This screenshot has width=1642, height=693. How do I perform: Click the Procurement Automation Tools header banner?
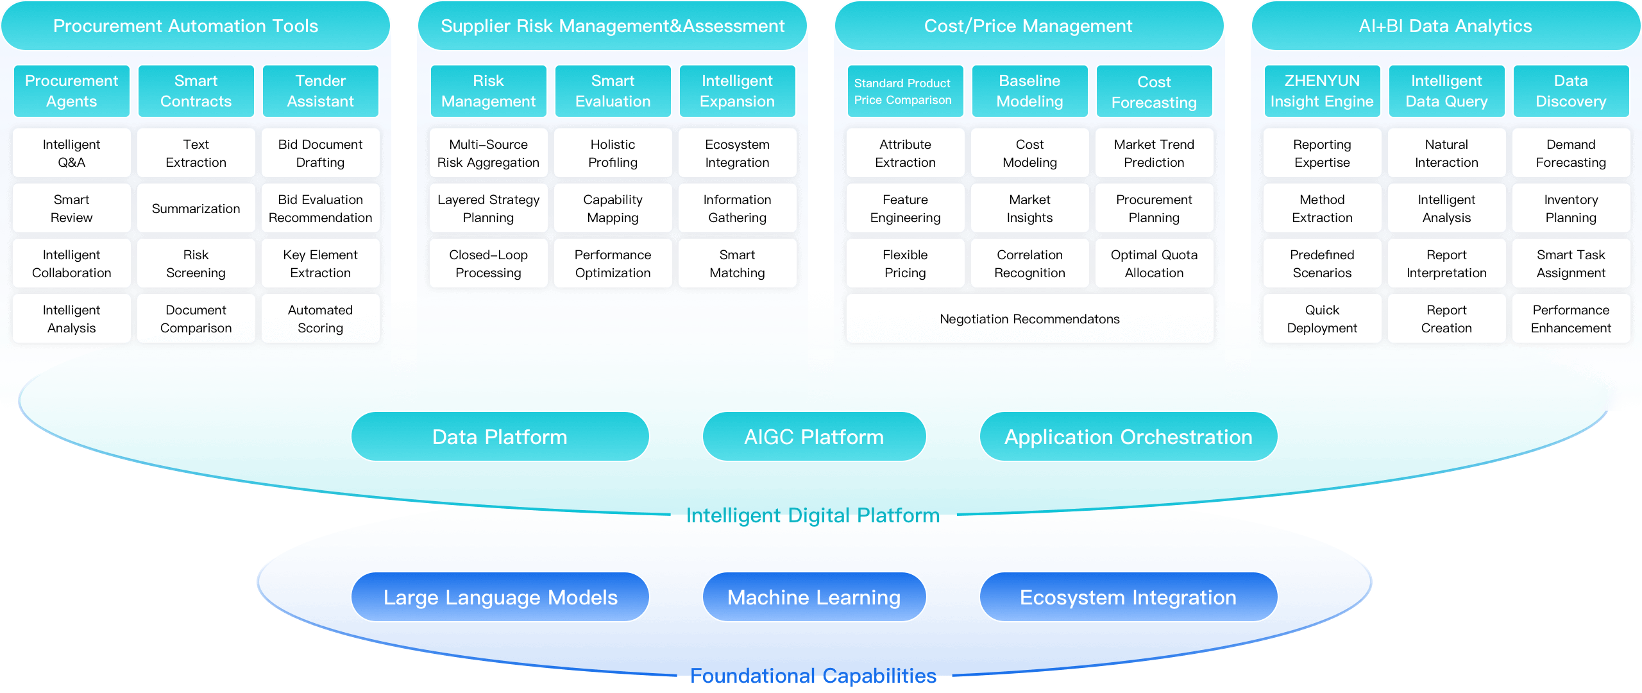[186, 26]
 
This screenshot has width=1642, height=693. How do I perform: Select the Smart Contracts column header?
[196, 91]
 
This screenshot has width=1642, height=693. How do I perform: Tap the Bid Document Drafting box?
[320, 153]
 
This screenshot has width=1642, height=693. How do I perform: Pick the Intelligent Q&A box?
[72, 153]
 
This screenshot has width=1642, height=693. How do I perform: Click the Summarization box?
[196, 209]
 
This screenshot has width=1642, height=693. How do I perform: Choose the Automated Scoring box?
[320, 319]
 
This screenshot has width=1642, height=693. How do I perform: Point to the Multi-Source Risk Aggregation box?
[488, 153]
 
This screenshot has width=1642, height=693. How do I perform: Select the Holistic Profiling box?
[613, 153]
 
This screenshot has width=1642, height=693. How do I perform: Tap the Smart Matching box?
[737, 264]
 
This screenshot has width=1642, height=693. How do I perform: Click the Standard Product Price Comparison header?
[905, 91]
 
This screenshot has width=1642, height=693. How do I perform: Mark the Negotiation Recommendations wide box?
[1029, 319]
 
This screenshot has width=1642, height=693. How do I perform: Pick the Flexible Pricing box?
[905, 264]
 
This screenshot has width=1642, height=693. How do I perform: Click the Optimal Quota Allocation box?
[1154, 264]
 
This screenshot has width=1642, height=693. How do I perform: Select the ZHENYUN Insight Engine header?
[1322, 91]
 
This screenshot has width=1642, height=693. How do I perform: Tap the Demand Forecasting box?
[1571, 153]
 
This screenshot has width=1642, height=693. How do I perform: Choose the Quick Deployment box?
[1322, 319]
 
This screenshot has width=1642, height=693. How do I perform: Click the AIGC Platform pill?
[814, 437]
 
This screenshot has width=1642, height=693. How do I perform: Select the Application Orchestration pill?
[1128, 437]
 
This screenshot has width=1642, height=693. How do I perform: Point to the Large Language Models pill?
[500, 597]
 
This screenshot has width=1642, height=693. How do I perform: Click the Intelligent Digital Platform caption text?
[813, 515]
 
